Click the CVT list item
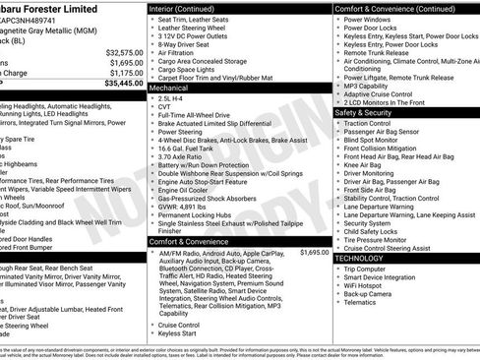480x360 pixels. pyautogui.click(x=164, y=108)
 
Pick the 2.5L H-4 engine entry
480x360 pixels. pyautogui.click(x=171, y=99)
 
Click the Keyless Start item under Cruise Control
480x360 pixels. pyautogui.click(x=177, y=333)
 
